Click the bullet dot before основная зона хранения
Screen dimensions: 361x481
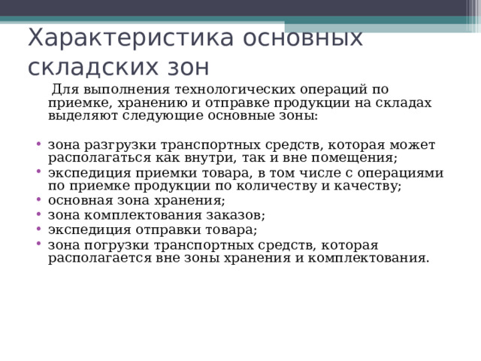[x=38, y=200]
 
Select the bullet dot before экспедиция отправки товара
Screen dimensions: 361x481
[x=38, y=229]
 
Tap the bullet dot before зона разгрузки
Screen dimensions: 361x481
[x=38, y=144]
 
